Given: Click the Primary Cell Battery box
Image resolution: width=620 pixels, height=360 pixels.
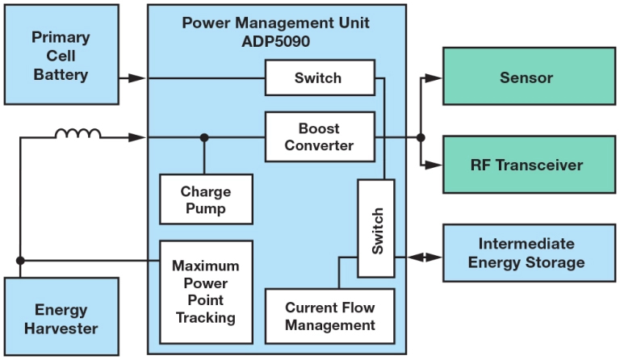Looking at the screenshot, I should tap(60, 56).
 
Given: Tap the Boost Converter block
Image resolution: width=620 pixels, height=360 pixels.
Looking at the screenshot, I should tap(320, 137).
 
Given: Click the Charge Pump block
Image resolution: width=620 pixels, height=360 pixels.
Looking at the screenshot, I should tap(205, 199).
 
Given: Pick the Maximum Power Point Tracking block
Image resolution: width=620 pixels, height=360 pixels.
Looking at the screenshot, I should tap(205, 291).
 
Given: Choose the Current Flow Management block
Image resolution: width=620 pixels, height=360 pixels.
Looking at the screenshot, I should tap(329, 316).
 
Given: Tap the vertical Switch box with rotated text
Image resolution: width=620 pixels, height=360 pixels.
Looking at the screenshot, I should tap(376, 230).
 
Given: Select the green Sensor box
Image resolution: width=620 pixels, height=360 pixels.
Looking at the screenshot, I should tap(526, 78).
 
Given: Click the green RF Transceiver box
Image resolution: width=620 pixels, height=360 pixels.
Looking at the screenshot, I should tap(526, 165).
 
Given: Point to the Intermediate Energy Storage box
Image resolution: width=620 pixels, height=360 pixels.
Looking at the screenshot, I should tap(526, 253).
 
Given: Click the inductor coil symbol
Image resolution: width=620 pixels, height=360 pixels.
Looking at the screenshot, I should tap(78, 134).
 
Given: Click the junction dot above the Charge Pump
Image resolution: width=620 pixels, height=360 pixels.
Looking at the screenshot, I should tap(205, 138).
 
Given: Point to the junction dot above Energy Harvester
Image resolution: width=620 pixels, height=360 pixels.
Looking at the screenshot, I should tap(20, 260).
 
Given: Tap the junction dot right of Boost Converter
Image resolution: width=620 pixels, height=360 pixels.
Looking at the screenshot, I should tap(421, 138).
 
